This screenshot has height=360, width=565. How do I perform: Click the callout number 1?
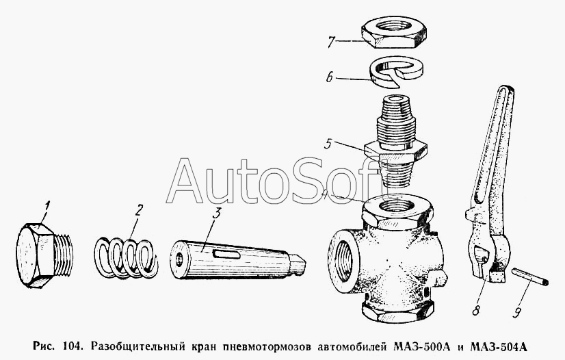point(47,207)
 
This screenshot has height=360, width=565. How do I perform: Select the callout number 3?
point(216,213)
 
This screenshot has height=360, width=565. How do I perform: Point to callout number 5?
point(328,144)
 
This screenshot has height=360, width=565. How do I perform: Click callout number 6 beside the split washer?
point(330,77)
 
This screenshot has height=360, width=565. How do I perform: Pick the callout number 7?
point(332,42)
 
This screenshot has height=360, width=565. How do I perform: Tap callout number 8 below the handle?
point(476,309)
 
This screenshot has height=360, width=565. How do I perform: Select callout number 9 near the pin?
point(517,311)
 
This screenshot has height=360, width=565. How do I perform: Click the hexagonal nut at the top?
point(393,33)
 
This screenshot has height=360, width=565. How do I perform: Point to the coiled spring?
point(127,257)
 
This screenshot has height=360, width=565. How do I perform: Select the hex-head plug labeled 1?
point(44,255)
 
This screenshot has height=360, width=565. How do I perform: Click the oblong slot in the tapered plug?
point(226,255)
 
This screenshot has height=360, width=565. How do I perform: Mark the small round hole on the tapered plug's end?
point(179,260)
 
